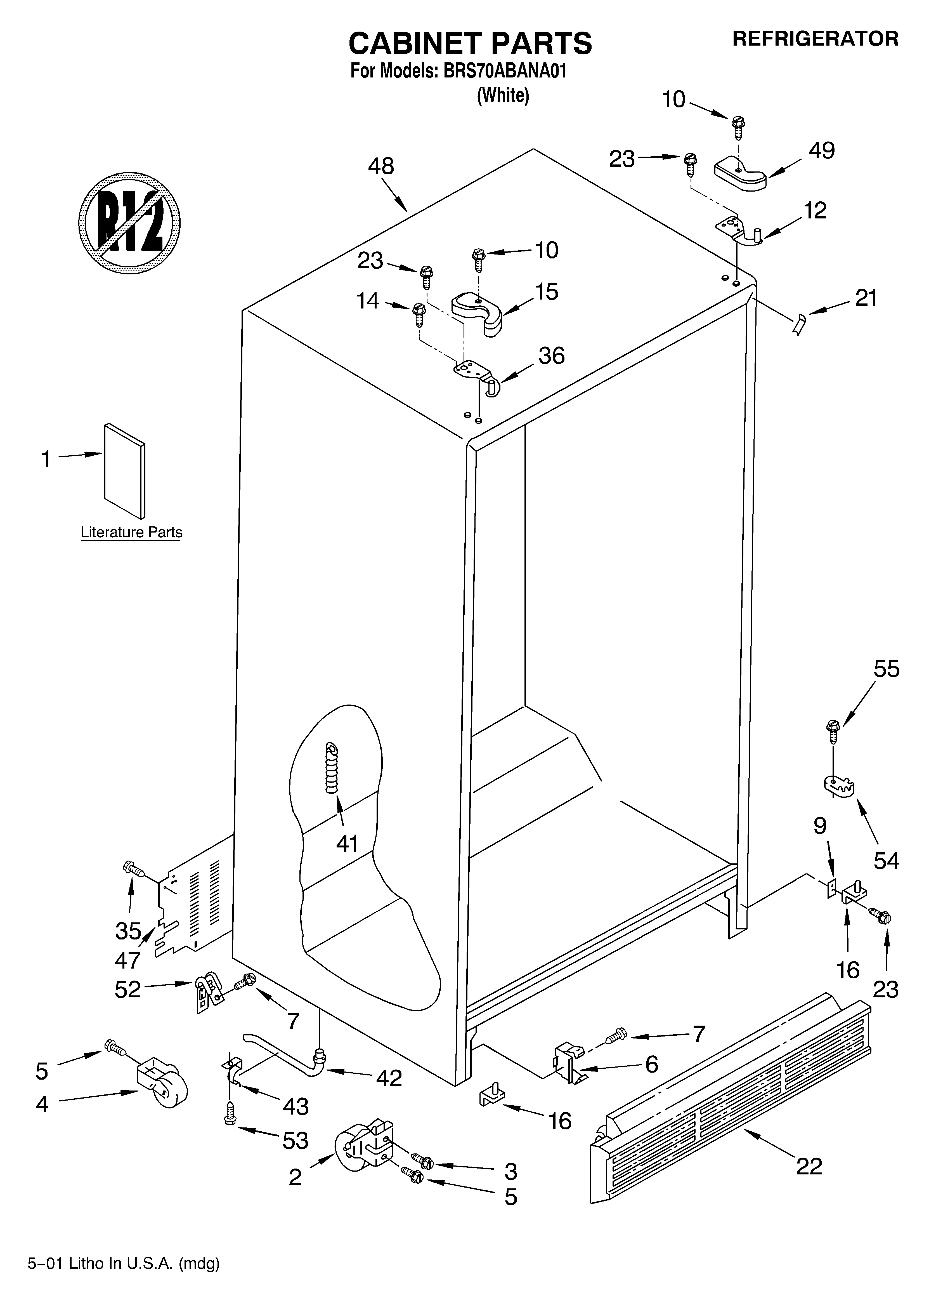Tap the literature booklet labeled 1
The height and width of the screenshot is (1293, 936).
(x=124, y=471)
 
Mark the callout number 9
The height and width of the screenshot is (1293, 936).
(x=820, y=826)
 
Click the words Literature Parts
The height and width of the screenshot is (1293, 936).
(x=131, y=533)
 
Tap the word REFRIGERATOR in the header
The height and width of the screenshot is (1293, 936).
(x=815, y=39)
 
